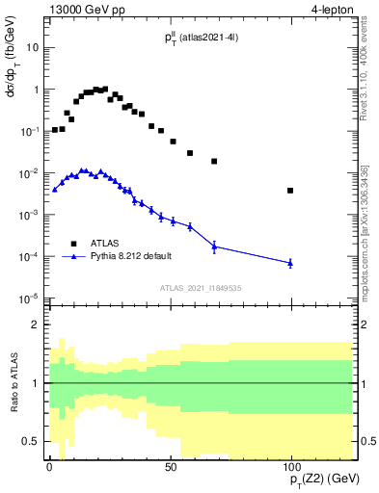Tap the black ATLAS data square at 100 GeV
[290, 191]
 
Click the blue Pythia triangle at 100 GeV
[290, 263]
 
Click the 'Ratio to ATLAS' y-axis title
[14, 382]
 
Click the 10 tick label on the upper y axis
[32, 47]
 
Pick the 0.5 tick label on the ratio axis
[31, 441]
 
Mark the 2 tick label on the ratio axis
[35, 325]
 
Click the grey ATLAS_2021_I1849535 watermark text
[200, 288]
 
